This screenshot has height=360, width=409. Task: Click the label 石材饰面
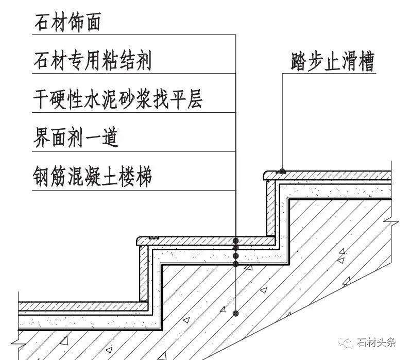pos(67,23)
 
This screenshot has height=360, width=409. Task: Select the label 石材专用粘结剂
pos(93,61)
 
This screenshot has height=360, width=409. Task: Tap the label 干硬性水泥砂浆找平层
pos(117,99)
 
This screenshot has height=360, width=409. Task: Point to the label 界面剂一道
pos(76,138)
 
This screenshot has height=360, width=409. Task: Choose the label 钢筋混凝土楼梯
pos(93,177)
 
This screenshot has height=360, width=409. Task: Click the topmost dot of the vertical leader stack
pos(235,241)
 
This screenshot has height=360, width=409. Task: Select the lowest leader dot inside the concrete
pos(235,313)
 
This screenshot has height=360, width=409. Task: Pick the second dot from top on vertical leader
pos(235,248)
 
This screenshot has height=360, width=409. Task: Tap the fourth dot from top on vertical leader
pos(235,264)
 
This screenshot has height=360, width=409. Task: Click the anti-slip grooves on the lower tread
pos(151,237)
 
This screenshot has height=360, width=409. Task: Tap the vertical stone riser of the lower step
pos(144,273)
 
